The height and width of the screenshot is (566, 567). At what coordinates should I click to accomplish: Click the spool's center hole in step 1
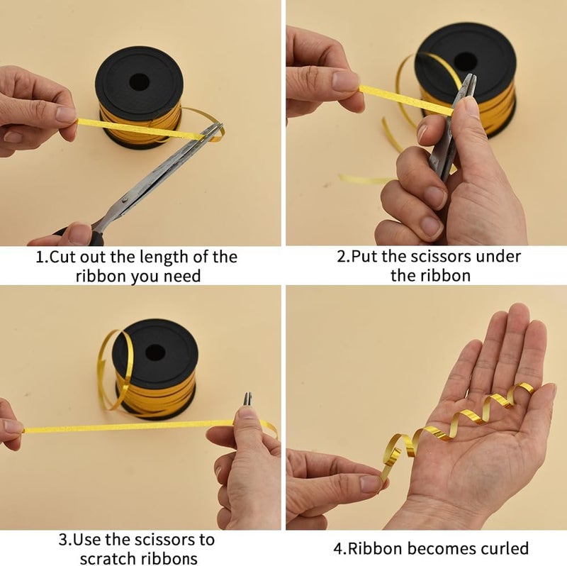(x=135, y=79)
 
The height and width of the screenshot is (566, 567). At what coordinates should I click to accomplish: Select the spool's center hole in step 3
(x=155, y=352)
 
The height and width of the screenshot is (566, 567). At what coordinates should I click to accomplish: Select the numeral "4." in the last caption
(x=339, y=548)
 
